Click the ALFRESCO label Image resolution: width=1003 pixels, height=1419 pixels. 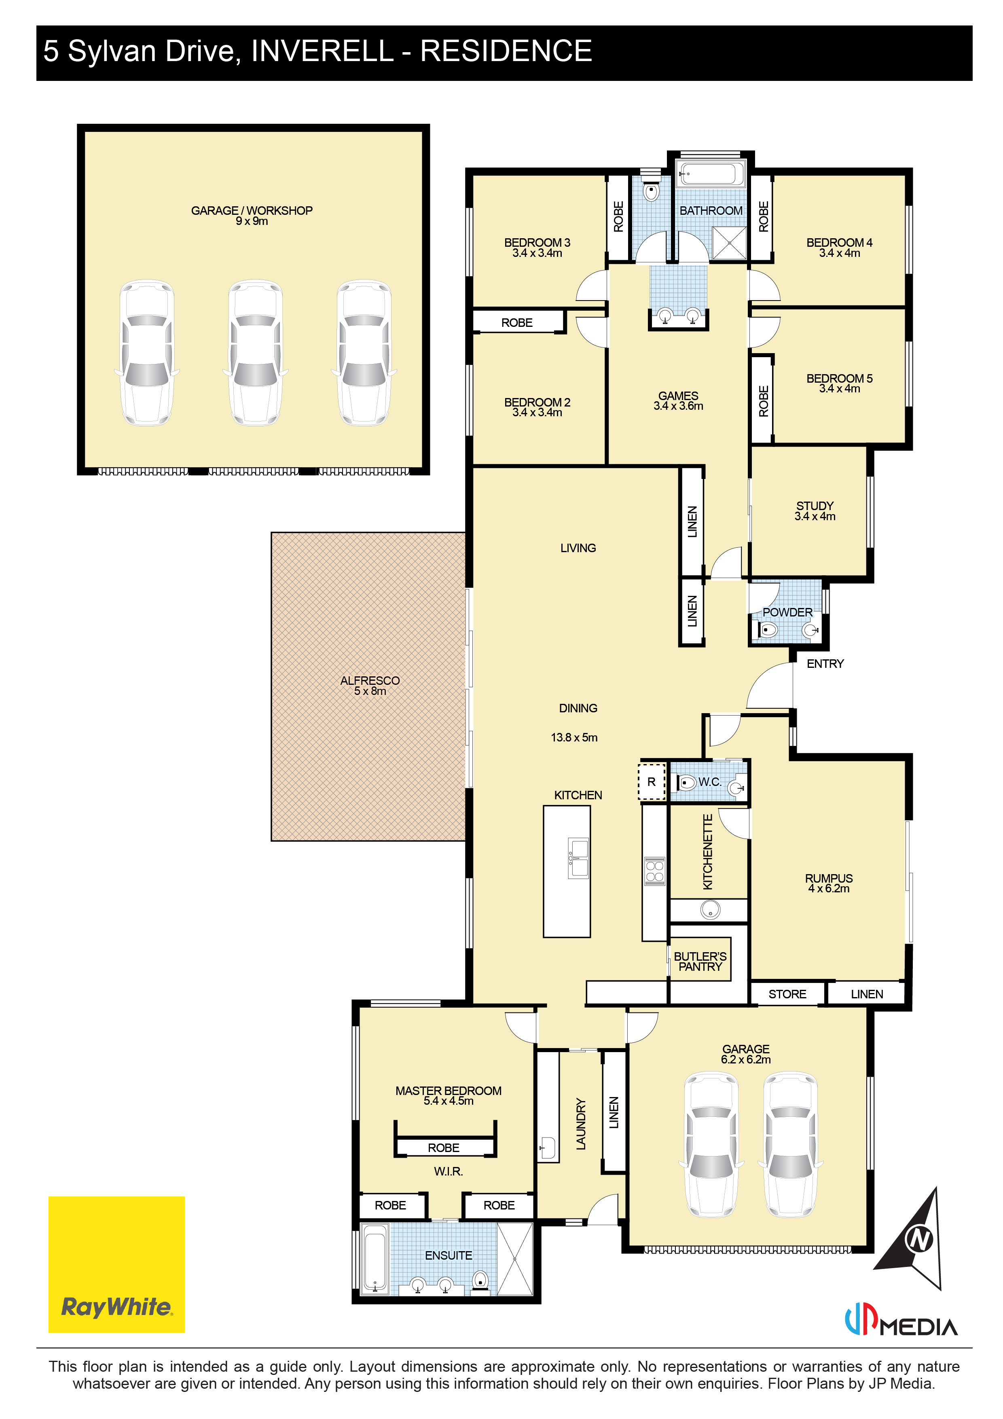[x=370, y=680]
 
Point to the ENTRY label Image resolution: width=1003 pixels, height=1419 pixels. [x=824, y=664]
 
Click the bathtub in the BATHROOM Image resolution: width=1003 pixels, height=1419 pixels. [x=711, y=174]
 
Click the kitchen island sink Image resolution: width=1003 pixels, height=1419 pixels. [x=578, y=858]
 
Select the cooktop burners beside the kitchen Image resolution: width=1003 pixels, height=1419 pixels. [x=654, y=871]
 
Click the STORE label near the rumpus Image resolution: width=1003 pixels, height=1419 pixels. [x=787, y=994]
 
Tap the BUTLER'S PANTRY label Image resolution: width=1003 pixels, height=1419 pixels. [x=700, y=961]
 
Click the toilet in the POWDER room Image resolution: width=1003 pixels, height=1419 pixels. [x=767, y=630]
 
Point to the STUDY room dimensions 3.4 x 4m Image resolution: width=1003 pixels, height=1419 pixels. [x=815, y=516]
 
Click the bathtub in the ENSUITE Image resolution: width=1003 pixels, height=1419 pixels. [x=375, y=1259]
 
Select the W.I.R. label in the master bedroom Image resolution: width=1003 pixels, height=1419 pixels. [x=448, y=1171]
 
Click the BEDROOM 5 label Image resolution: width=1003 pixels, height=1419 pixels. [x=839, y=378]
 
